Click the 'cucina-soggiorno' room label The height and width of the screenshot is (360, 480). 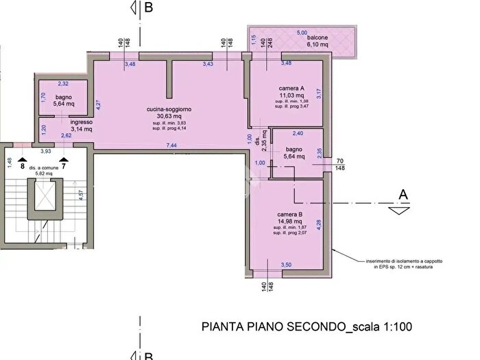pyautogui.click(x=169, y=109)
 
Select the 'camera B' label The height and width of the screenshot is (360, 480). pyautogui.click(x=291, y=214)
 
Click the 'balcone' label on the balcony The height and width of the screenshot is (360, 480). pyautogui.click(x=317, y=38)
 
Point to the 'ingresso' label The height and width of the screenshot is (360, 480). pyautogui.click(x=81, y=122)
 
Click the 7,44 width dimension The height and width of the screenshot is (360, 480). pyautogui.click(x=171, y=145)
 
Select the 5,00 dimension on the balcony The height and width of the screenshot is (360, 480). pyautogui.click(x=302, y=32)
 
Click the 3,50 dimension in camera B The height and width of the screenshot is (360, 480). pyautogui.click(x=286, y=264)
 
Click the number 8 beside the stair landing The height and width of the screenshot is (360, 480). pyautogui.click(x=23, y=166)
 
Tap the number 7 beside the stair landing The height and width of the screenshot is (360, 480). pyautogui.click(x=63, y=166)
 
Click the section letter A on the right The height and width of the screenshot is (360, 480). pyautogui.click(x=403, y=195)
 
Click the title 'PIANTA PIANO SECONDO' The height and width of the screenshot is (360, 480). pyautogui.click(x=274, y=327)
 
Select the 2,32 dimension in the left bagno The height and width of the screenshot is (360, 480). pyautogui.click(x=63, y=84)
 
